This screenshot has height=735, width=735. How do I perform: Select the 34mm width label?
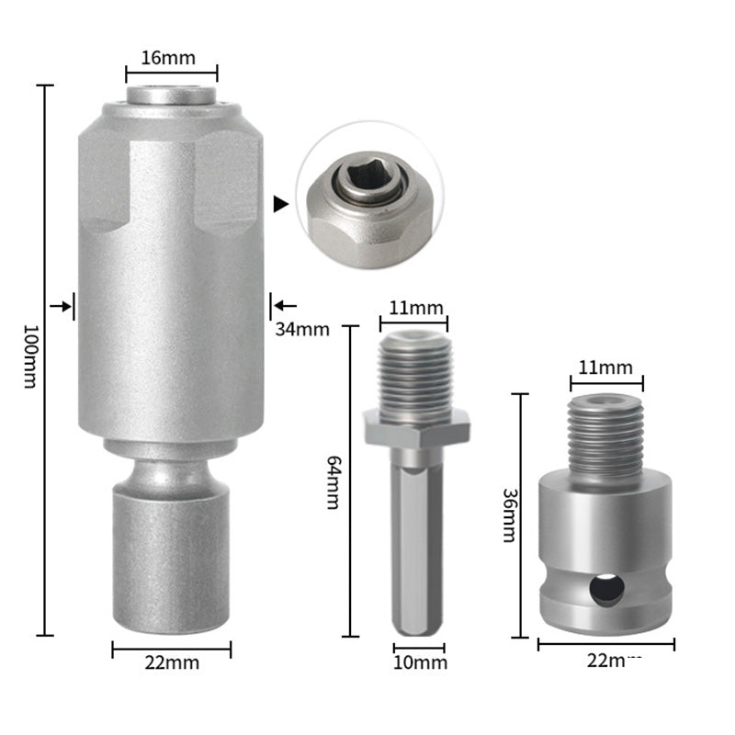(x=300, y=329)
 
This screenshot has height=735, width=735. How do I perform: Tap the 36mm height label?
(x=507, y=514)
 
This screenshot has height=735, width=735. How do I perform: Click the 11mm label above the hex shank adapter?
(x=413, y=308)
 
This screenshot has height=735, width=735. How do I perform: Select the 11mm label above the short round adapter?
(x=606, y=367)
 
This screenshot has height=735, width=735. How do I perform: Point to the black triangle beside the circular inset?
(x=281, y=204)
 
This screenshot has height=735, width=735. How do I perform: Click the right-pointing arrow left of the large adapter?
(x=62, y=307)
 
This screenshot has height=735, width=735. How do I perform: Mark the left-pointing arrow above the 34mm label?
(x=285, y=305)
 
